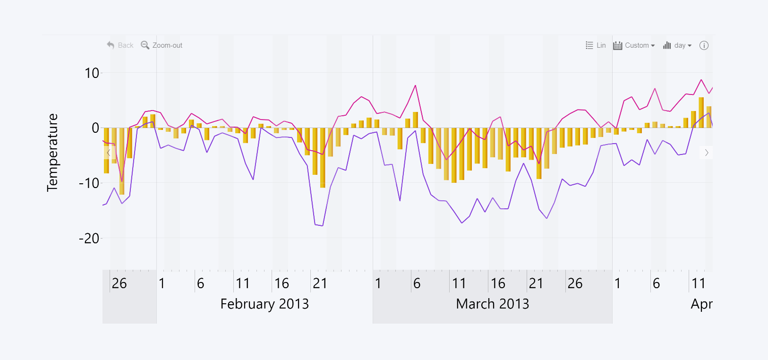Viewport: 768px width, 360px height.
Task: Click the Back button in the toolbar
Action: (120, 45)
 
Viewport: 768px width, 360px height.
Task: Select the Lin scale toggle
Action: (596, 45)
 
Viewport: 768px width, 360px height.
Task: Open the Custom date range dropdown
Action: (634, 45)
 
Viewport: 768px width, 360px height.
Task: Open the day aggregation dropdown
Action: (677, 45)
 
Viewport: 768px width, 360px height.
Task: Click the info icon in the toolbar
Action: (704, 45)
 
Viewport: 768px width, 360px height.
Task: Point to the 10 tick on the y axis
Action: (92, 73)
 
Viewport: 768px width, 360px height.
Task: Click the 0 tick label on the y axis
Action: (95, 128)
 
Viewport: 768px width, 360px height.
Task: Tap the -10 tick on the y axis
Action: (89, 183)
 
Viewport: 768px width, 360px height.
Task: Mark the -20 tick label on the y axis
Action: (89, 239)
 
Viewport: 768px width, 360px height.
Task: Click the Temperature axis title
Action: (52, 152)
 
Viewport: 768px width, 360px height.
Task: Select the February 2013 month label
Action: (265, 304)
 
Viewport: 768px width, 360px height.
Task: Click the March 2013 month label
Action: (493, 304)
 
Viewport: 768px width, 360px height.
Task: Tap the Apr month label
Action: (701, 304)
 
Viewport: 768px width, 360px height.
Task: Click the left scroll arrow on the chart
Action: (109, 153)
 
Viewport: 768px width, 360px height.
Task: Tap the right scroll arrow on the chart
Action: (707, 153)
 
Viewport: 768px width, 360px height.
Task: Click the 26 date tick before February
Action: (119, 283)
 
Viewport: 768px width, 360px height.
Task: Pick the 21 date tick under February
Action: (320, 283)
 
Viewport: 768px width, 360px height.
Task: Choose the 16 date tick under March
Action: (498, 283)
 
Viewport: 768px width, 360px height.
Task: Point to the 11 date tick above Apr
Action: (698, 283)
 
